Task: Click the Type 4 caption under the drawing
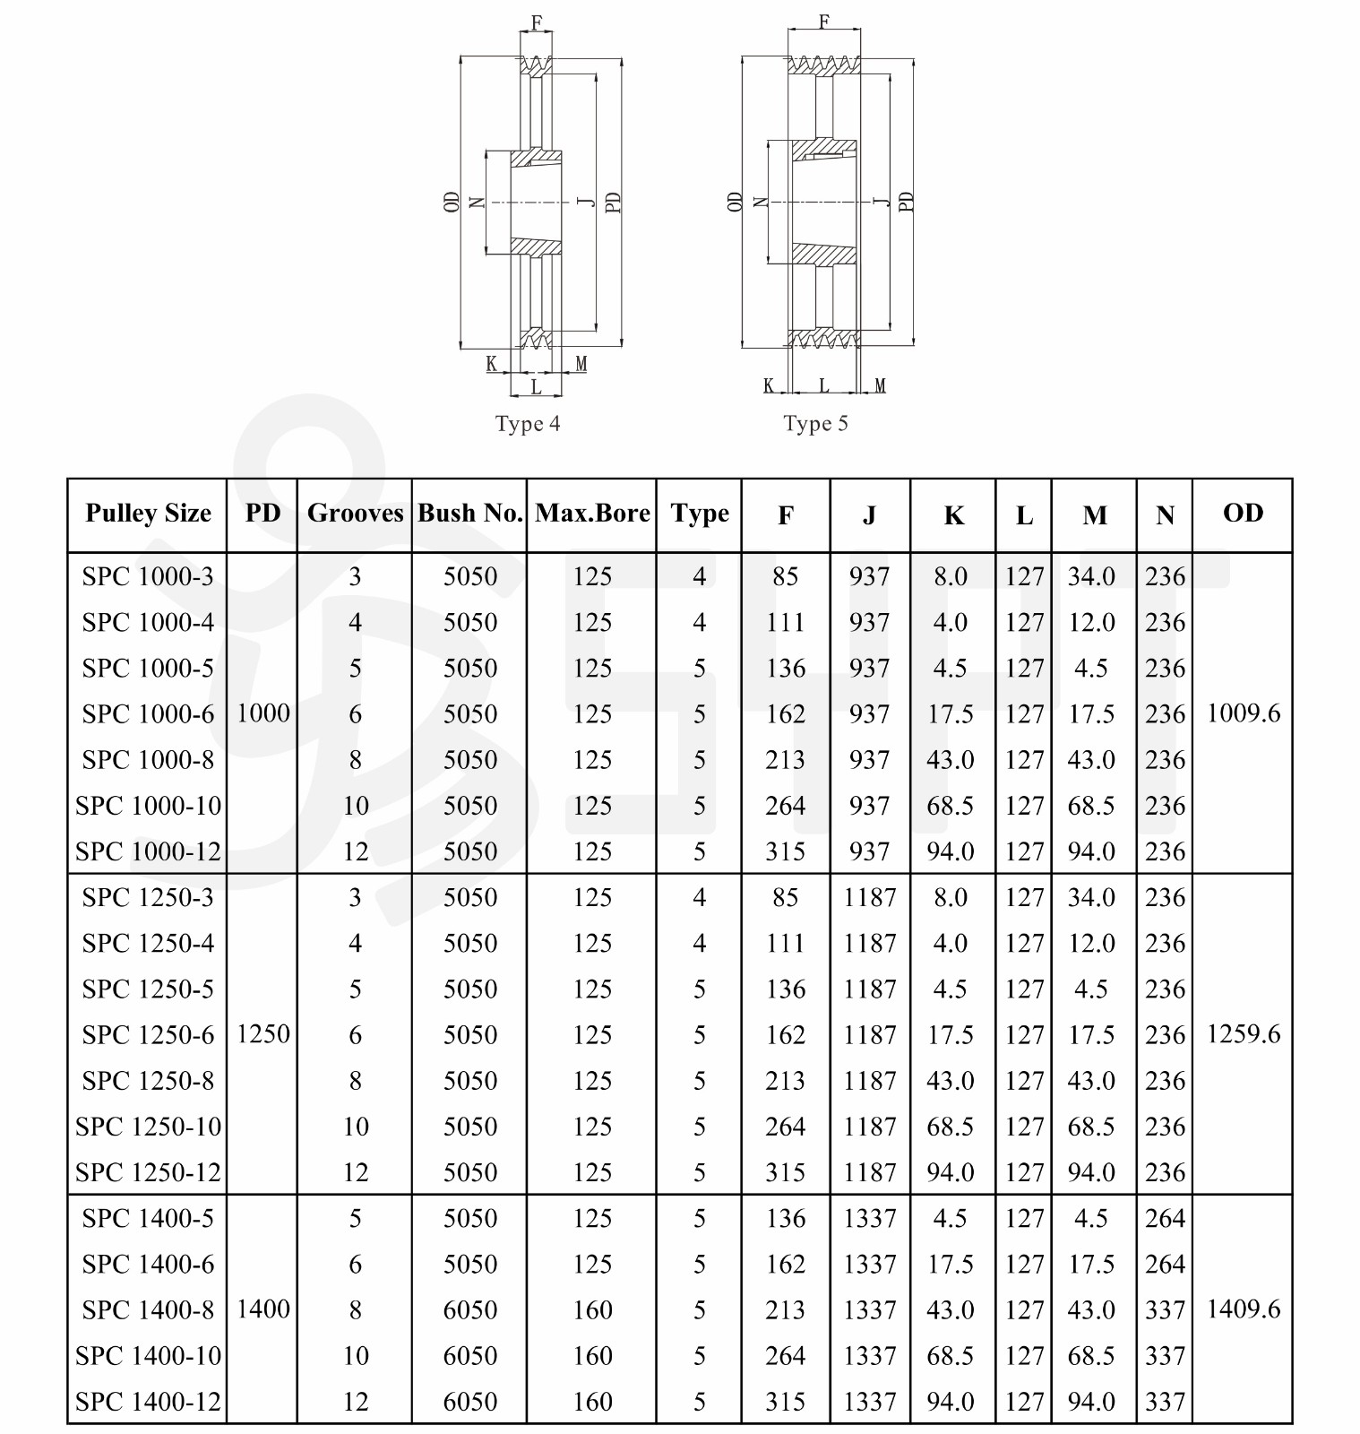(528, 424)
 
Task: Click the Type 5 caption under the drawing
(815, 424)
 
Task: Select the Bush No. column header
(470, 514)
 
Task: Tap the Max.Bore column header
(592, 514)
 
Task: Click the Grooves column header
(355, 514)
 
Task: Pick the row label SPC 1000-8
(148, 760)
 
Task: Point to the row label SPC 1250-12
(148, 1172)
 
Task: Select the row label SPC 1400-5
(148, 1218)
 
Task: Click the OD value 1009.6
(1244, 713)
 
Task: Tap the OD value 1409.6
(1244, 1309)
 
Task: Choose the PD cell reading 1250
(263, 1034)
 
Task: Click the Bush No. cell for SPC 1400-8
(470, 1310)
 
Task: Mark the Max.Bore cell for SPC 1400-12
(592, 1402)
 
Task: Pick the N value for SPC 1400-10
(1165, 1356)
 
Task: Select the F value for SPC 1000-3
(785, 576)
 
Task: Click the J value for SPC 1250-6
(869, 1035)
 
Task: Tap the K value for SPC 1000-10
(950, 806)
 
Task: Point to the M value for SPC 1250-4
(1091, 944)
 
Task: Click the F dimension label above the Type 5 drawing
(824, 21)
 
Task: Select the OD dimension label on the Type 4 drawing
(452, 202)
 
